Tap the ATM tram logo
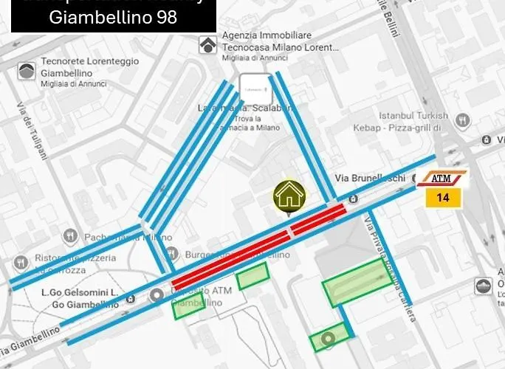[x=442, y=179]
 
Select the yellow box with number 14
[x=443, y=197]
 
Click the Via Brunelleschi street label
[x=370, y=178]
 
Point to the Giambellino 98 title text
[x=113, y=17]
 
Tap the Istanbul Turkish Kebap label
[x=413, y=121]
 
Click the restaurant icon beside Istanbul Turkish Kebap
[x=463, y=120]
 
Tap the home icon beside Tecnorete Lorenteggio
[x=27, y=71]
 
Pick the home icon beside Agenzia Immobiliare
[x=207, y=45]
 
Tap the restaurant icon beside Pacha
[x=70, y=236]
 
